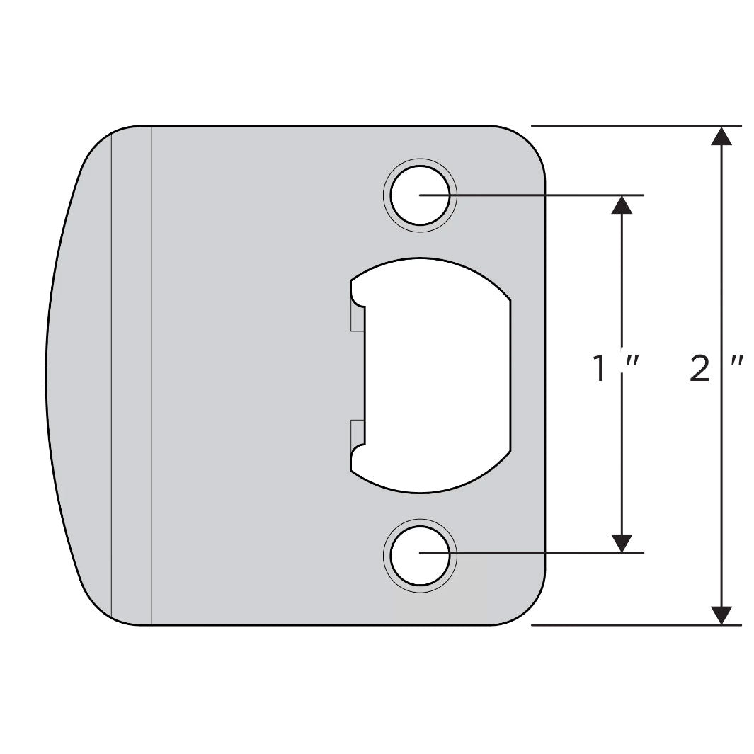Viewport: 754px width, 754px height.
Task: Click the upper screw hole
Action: (x=420, y=195)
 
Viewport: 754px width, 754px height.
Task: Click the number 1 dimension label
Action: (x=601, y=369)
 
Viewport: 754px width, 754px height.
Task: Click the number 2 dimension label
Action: (x=699, y=369)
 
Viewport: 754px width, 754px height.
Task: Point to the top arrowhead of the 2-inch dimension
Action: (x=721, y=136)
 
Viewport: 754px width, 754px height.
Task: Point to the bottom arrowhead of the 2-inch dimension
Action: (x=721, y=615)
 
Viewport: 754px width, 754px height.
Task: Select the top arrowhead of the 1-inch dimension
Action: (x=621, y=205)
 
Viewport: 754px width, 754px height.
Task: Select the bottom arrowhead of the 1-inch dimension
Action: (x=621, y=543)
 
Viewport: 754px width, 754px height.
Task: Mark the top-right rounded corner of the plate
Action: (x=527, y=144)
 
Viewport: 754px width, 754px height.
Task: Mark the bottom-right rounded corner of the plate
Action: (x=527, y=607)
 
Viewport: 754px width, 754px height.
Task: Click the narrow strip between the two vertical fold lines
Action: (x=132, y=375)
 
